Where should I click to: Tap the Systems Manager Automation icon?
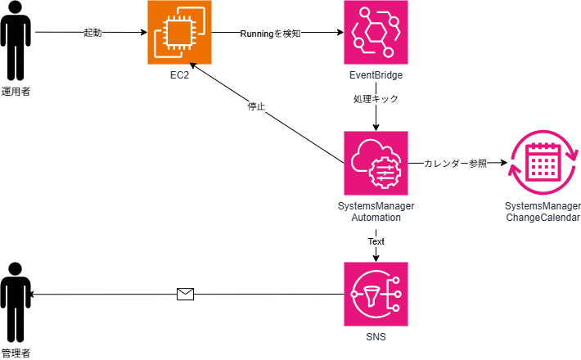pyautogui.click(x=376, y=163)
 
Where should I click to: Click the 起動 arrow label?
pyautogui.click(x=93, y=34)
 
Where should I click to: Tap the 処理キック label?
pyautogui.click(x=376, y=98)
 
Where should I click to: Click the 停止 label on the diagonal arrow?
pyautogui.click(x=256, y=106)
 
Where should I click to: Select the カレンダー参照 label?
pyautogui.click(x=455, y=164)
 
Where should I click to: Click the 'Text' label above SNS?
pyautogui.click(x=376, y=241)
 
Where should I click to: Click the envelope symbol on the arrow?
pyautogui.click(x=186, y=295)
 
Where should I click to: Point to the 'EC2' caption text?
pyautogui.click(x=179, y=75)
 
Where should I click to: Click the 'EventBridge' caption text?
pyautogui.click(x=376, y=75)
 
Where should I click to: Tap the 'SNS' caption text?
pyautogui.click(x=376, y=336)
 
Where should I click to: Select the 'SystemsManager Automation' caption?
pyautogui.click(x=376, y=212)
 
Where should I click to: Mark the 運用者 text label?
pyautogui.click(x=16, y=91)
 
